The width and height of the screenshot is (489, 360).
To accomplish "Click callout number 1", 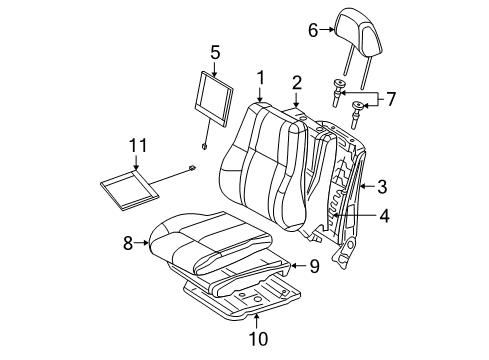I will (x=260, y=76).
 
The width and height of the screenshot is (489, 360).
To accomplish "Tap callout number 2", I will (x=297, y=82).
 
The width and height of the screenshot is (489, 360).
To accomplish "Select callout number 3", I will (x=381, y=185).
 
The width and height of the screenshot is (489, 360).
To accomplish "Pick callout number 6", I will (x=311, y=32).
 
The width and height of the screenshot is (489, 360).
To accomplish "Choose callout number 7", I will (x=391, y=99).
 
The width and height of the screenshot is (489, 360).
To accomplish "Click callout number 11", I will (x=136, y=149).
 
